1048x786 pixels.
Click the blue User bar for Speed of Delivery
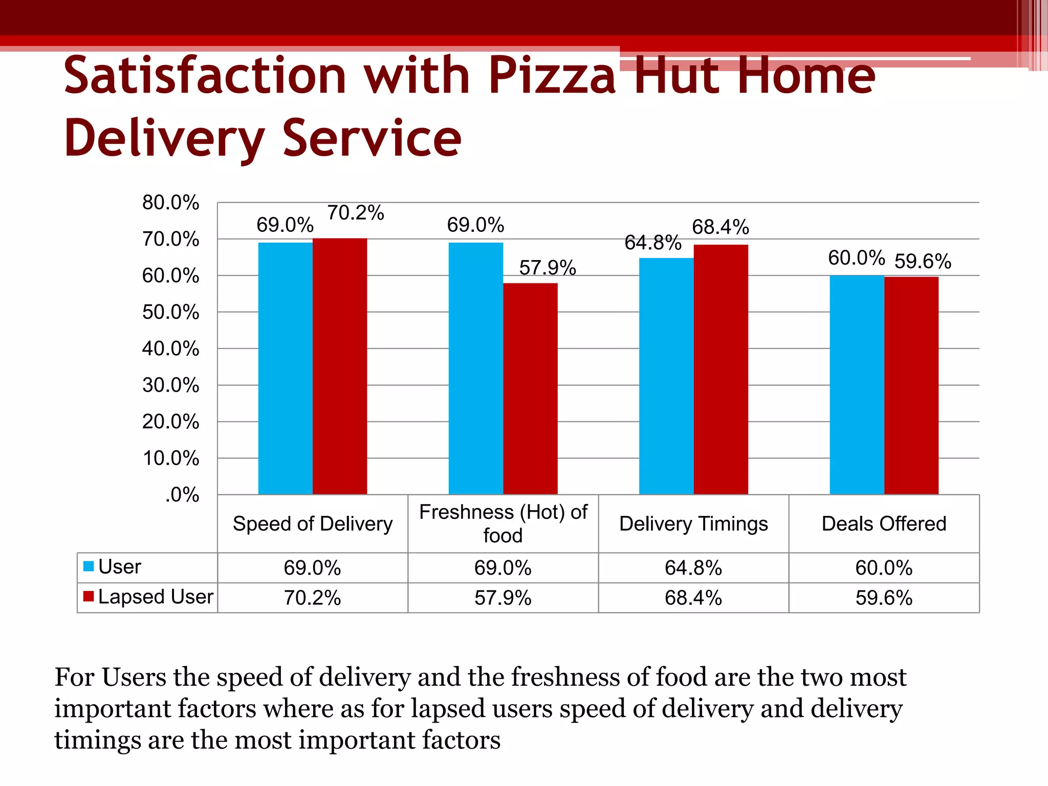[285, 368]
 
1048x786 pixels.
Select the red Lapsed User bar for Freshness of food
[530, 389]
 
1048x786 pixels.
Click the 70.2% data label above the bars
[355, 213]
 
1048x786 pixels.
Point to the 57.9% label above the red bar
[548, 268]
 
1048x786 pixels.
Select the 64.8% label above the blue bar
[652, 243]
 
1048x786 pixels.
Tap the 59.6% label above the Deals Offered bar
[923, 261]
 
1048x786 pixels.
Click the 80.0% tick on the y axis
[170, 203]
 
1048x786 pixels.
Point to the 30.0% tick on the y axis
[170, 385]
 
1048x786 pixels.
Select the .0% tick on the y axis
[182, 495]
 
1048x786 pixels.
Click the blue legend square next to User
[89, 566]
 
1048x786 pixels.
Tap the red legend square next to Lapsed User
[89, 596]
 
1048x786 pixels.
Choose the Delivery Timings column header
[693, 523]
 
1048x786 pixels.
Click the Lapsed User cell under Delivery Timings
[693, 598]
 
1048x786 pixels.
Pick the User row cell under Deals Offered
[884, 568]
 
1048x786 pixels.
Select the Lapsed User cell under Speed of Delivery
[312, 598]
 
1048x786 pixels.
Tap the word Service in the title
[372, 138]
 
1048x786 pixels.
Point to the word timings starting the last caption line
[97, 740]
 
